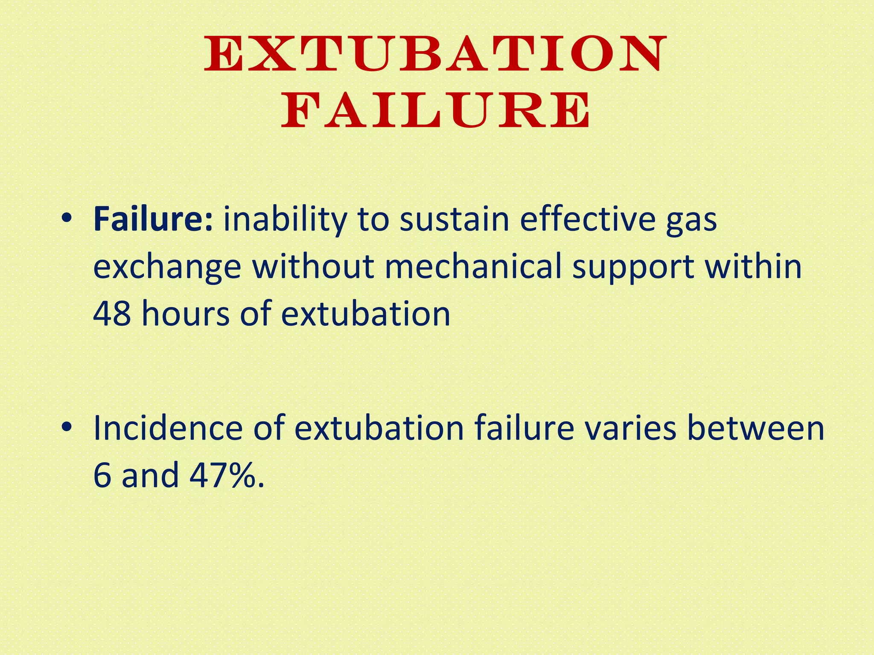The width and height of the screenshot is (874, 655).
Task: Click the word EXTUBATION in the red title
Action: point(435,54)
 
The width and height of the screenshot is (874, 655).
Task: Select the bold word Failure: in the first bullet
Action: point(153,219)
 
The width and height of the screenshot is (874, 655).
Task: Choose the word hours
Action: point(186,314)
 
